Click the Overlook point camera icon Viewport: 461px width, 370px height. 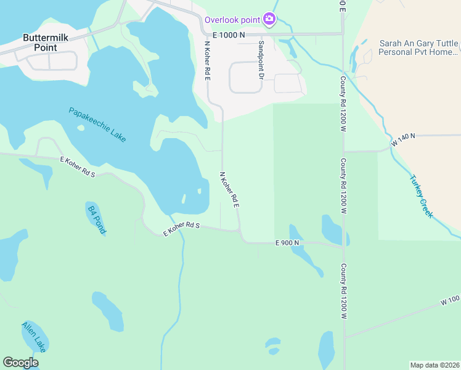(269, 19)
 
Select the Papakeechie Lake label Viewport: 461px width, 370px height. (97, 125)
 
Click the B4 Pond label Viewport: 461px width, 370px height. (97, 220)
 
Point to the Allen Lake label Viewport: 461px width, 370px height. (34, 337)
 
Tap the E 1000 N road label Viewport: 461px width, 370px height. (229, 35)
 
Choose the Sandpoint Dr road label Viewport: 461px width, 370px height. (261, 60)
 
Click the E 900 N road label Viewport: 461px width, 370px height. (287, 243)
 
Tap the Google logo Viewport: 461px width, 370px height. (20, 363)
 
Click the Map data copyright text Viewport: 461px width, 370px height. (434, 364)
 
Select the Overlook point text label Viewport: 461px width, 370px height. (233, 19)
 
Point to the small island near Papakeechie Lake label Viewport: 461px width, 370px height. (80, 128)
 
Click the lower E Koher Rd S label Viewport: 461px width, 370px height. (182, 229)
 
